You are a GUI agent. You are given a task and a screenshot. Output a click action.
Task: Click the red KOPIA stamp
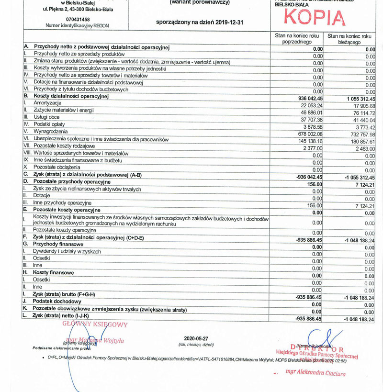point(315,17)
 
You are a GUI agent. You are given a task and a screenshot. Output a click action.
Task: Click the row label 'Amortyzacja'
point(47,103)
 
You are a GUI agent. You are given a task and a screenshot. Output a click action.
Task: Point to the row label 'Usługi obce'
point(46,117)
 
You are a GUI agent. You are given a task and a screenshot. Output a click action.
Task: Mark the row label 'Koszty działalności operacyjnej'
point(71,96)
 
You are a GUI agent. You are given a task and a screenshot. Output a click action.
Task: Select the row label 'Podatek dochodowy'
point(57,302)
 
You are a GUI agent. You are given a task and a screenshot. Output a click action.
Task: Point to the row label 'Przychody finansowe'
point(57,244)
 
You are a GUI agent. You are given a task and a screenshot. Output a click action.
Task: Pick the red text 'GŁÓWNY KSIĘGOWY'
point(95,325)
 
